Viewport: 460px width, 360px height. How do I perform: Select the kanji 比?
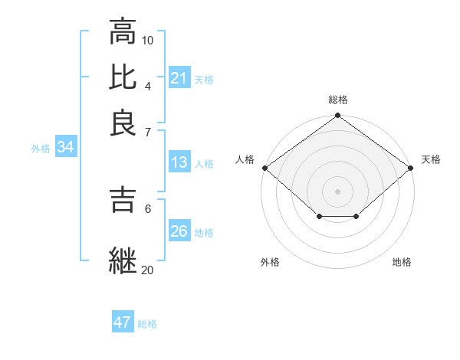click(123, 77)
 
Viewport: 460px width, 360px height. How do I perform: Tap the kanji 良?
click(123, 123)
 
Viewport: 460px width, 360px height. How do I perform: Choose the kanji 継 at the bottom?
click(123, 260)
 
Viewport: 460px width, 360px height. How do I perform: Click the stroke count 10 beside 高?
click(148, 40)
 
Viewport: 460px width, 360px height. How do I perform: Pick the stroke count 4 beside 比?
click(148, 86)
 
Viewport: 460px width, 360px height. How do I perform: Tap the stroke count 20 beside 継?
click(148, 270)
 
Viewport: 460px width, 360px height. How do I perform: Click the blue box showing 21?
click(179, 78)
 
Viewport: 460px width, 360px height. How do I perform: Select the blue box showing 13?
click(179, 162)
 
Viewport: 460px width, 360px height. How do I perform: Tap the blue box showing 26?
click(179, 231)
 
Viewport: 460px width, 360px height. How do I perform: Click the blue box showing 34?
click(65, 148)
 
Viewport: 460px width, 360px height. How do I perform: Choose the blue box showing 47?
click(123, 322)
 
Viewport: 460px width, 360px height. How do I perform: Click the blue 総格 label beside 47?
click(147, 324)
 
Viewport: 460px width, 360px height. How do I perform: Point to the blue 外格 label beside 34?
click(41, 149)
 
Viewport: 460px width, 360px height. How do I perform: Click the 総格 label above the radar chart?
click(338, 100)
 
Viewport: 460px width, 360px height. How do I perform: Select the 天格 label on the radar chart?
click(431, 159)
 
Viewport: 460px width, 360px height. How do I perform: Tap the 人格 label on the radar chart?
click(245, 159)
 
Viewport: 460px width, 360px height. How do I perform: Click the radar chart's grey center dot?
click(337, 191)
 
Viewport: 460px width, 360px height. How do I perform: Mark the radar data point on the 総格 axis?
click(337, 116)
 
